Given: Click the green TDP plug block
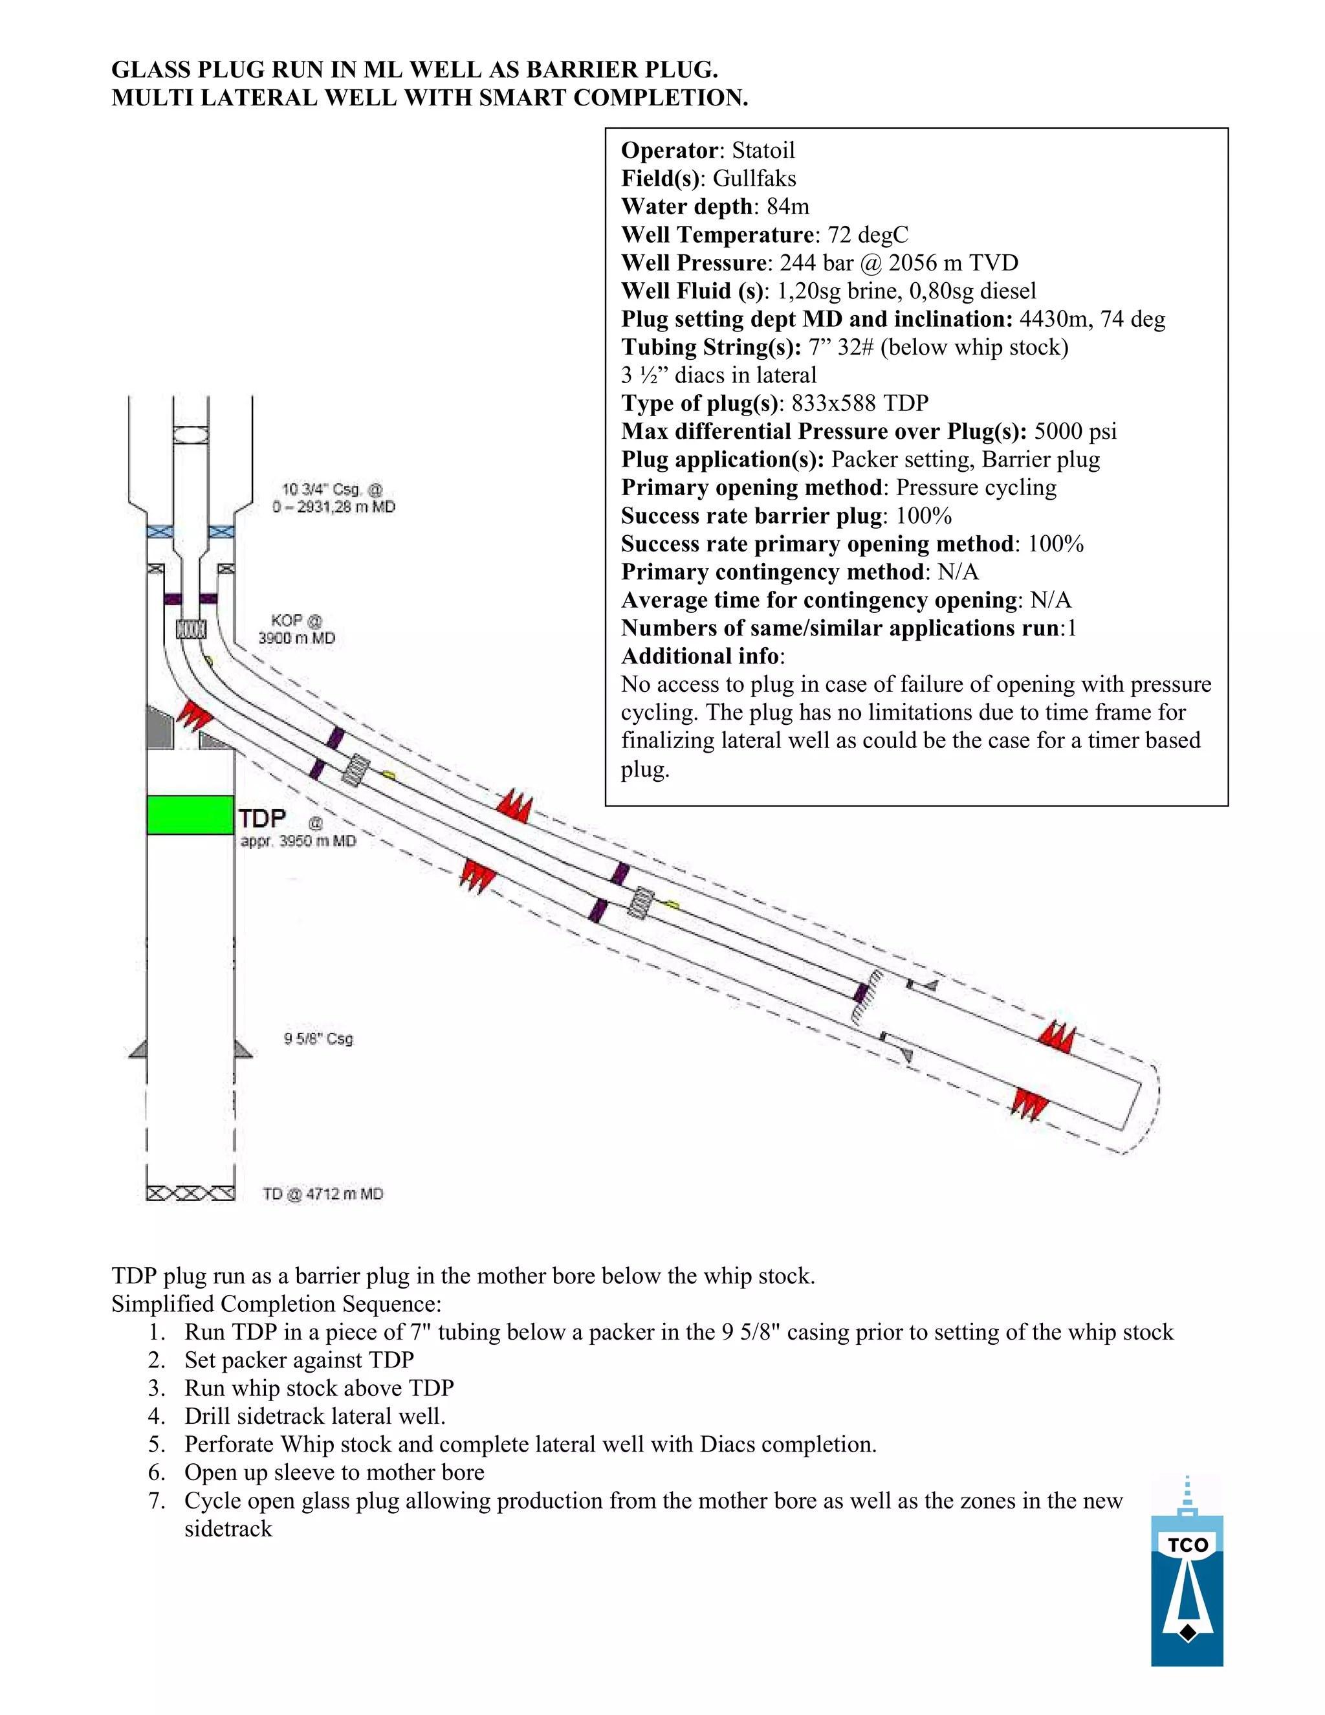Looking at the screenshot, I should (x=190, y=814).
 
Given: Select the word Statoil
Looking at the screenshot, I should (x=763, y=150).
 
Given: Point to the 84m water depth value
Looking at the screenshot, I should (x=787, y=206).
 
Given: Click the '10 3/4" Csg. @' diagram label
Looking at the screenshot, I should (x=333, y=489).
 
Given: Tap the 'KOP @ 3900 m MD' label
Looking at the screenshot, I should (x=297, y=630).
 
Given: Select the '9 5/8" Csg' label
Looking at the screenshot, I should (x=319, y=1039).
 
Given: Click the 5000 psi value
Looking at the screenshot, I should (x=1075, y=431).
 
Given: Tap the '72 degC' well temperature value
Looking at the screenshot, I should (x=868, y=235).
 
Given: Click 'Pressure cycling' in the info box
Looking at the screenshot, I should (x=976, y=488).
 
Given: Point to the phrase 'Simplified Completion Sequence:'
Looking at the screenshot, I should (x=276, y=1303).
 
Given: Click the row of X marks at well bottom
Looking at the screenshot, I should (x=190, y=1193).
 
